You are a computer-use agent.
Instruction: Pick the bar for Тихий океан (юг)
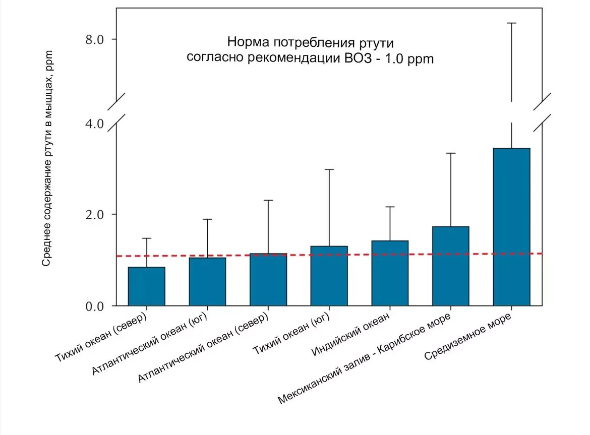tap(329, 276)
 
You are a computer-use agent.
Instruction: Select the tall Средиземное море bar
tap(511, 227)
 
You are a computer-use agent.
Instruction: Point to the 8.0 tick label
tap(94, 40)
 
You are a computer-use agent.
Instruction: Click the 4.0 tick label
tap(94, 123)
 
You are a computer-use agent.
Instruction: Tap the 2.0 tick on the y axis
tap(94, 214)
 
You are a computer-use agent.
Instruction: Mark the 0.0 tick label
tap(94, 306)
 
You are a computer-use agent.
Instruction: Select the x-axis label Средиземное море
tap(468, 336)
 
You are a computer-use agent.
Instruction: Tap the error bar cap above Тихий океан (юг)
tap(329, 169)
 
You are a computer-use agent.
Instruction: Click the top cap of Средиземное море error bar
tap(511, 23)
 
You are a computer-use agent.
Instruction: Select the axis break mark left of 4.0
tap(116, 108)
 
